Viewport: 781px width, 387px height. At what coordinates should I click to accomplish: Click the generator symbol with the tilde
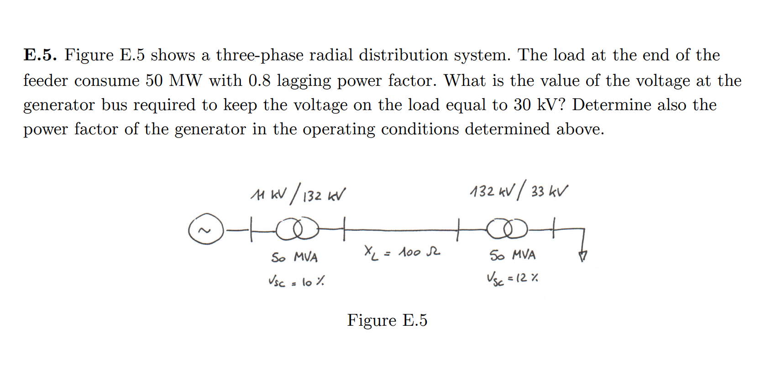pyautogui.click(x=206, y=229)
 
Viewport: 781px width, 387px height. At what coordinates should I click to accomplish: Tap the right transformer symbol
pyautogui.click(x=507, y=228)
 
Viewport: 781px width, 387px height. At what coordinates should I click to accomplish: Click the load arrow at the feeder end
pyautogui.click(x=582, y=256)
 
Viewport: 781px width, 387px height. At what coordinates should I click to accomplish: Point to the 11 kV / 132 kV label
pyautogui.click(x=298, y=194)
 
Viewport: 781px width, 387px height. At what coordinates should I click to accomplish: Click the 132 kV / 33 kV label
pyautogui.click(x=519, y=191)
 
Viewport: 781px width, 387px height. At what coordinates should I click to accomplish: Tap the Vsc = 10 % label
pyautogui.click(x=297, y=281)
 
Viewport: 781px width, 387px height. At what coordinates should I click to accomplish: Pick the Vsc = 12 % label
pyautogui.click(x=512, y=278)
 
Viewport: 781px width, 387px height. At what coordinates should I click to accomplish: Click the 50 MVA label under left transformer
pyautogui.click(x=294, y=257)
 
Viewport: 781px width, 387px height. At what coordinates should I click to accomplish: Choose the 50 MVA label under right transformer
pyautogui.click(x=512, y=255)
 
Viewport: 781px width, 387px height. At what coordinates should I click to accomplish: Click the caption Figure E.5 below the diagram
pyautogui.click(x=387, y=320)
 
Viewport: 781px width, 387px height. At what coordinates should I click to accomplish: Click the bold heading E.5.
pyautogui.click(x=40, y=55)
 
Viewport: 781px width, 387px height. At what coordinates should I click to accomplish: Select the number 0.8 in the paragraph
pyautogui.click(x=259, y=80)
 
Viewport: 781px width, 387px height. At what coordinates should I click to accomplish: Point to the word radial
pyautogui.click(x=331, y=55)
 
